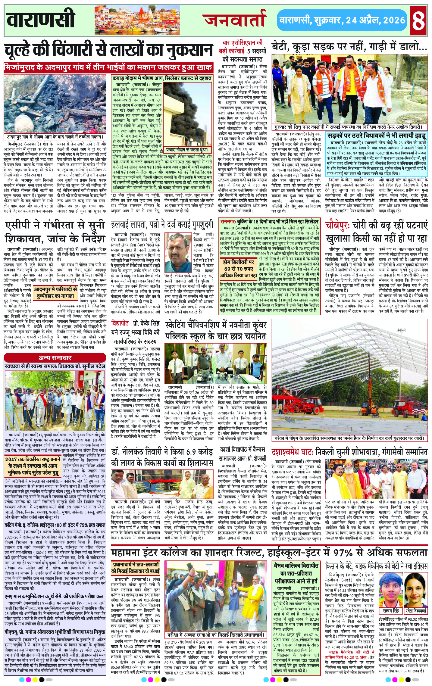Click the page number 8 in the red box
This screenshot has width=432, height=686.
pos(419,20)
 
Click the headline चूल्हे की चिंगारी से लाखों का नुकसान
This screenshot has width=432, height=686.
pos(108,51)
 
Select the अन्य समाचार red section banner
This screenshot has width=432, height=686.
pos(55,358)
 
